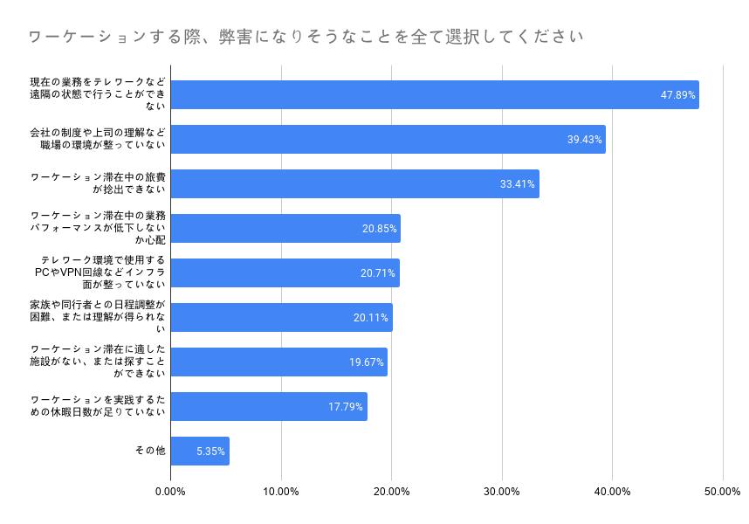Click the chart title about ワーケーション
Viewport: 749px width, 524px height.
click(x=306, y=37)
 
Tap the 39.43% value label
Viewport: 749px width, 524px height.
click(x=585, y=140)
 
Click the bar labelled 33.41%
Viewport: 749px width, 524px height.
click(x=354, y=184)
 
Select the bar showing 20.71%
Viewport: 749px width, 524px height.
click(x=285, y=273)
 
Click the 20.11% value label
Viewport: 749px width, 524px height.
click(x=371, y=318)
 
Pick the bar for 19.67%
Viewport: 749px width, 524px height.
click(x=278, y=362)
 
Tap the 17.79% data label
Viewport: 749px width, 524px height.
click(x=346, y=407)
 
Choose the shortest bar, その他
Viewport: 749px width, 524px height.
click(x=200, y=452)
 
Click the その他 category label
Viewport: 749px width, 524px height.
click(x=149, y=451)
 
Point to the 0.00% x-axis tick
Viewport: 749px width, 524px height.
click(x=170, y=492)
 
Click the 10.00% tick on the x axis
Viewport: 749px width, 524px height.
click(x=281, y=492)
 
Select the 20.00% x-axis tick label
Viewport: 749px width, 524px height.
click(x=391, y=492)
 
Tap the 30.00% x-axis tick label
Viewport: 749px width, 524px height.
click(x=502, y=492)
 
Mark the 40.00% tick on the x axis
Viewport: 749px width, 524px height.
click(x=612, y=492)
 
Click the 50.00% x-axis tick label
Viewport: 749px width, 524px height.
click(x=722, y=492)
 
